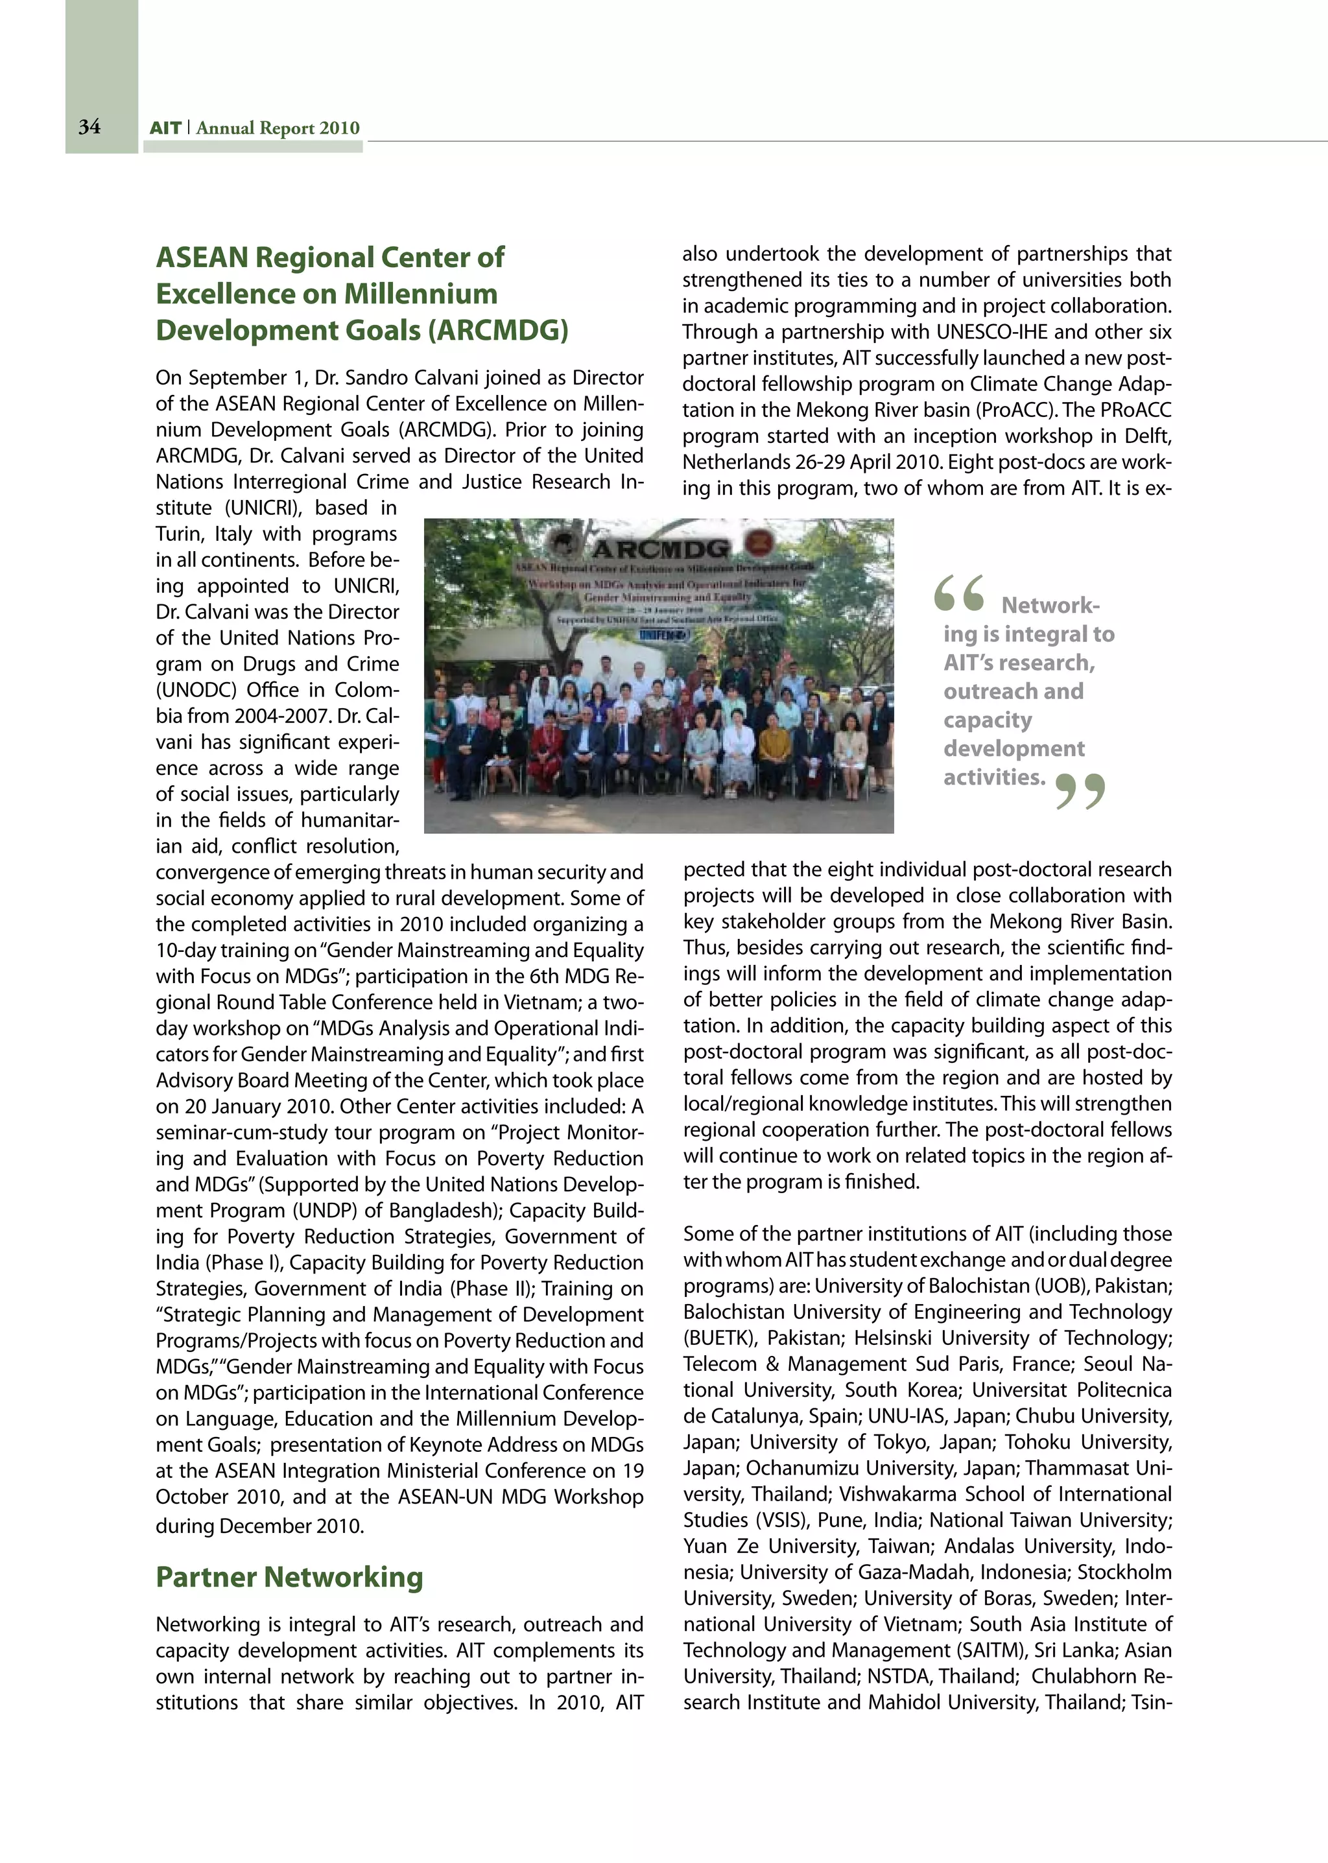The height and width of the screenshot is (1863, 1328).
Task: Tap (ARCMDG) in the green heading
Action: [501, 331]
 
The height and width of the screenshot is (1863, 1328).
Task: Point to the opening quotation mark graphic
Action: [958, 594]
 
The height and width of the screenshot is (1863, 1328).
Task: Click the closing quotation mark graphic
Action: [1080, 791]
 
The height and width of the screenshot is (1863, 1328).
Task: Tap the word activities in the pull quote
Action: [993, 777]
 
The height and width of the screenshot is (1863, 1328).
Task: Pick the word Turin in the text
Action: [181, 534]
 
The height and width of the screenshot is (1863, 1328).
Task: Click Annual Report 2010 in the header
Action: [278, 128]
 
